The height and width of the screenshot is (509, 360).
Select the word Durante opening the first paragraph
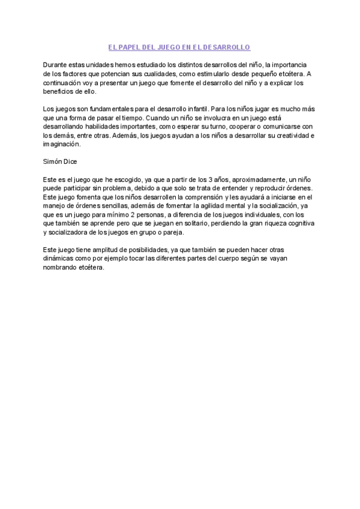tap(56, 64)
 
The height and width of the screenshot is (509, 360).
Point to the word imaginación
tap(61, 145)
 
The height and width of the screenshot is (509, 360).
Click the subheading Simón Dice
tap(61, 162)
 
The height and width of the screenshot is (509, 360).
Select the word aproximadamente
tap(254, 180)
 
